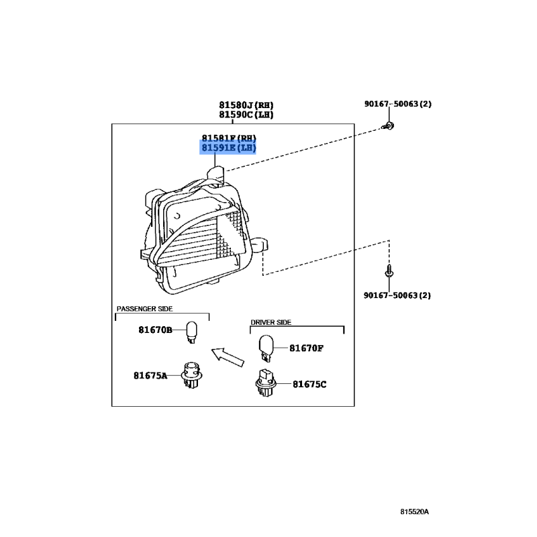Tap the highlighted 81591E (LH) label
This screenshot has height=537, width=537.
pos(229,148)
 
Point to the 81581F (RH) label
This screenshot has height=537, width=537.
pos(229,138)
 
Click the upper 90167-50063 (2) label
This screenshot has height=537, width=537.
pos(398,104)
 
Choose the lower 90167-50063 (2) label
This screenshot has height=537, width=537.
pos(398,295)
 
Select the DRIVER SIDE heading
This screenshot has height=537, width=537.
pos(271,322)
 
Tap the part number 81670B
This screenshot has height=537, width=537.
pos(156,330)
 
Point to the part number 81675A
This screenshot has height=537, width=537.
pos(150,376)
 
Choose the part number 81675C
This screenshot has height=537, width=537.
pos(309,384)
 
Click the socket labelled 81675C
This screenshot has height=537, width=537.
pos(264,383)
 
